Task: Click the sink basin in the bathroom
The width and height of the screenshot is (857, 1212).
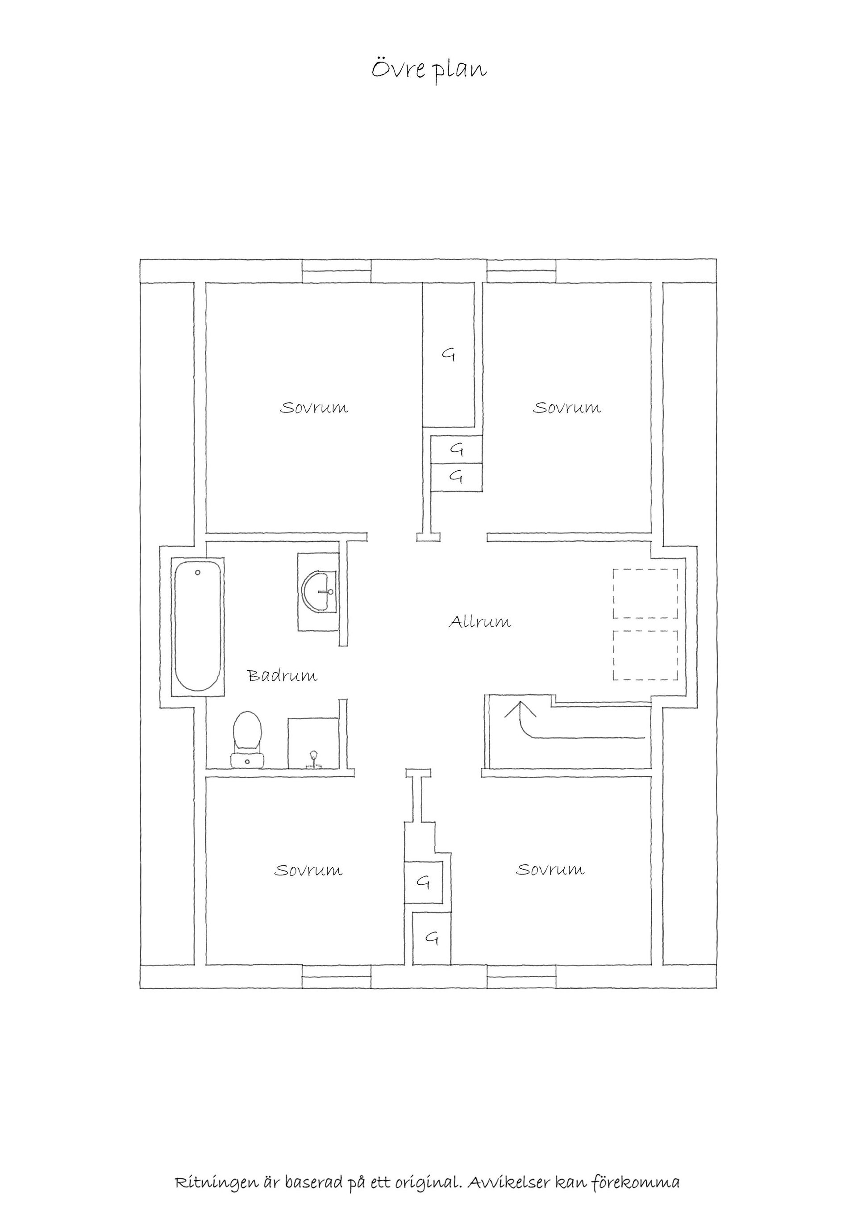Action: pyautogui.click(x=319, y=592)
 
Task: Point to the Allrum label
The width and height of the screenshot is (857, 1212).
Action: pyautogui.click(x=480, y=622)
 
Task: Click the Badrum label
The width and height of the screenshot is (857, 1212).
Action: pyautogui.click(x=283, y=676)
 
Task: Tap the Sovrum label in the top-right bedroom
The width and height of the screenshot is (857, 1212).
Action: pyautogui.click(x=567, y=408)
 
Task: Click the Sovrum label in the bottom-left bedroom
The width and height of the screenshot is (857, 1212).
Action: pyautogui.click(x=308, y=870)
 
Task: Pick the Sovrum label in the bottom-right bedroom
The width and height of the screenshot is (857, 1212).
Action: pyautogui.click(x=550, y=870)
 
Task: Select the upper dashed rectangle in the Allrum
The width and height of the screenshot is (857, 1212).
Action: pyautogui.click(x=645, y=593)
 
